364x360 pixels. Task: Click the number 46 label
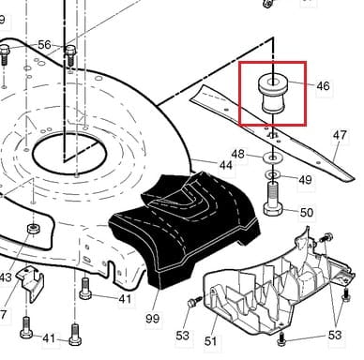pyautogui.click(x=323, y=86)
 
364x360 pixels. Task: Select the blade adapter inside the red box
pyautogui.click(x=271, y=94)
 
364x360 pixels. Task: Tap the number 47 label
pyautogui.click(x=340, y=135)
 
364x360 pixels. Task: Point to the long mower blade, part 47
pyautogui.click(x=272, y=133)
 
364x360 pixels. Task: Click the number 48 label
pyautogui.click(x=238, y=154)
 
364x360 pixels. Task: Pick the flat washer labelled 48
pyautogui.click(x=273, y=157)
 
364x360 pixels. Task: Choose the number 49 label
pyautogui.click(x=305, y=180)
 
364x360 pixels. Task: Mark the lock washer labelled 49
pyautogui.click(x=273, y=174)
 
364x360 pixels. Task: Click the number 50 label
pyautogui.click(x=306, y=213)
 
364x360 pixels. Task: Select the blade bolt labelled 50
pyautogui.click(x=273, y=199)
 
